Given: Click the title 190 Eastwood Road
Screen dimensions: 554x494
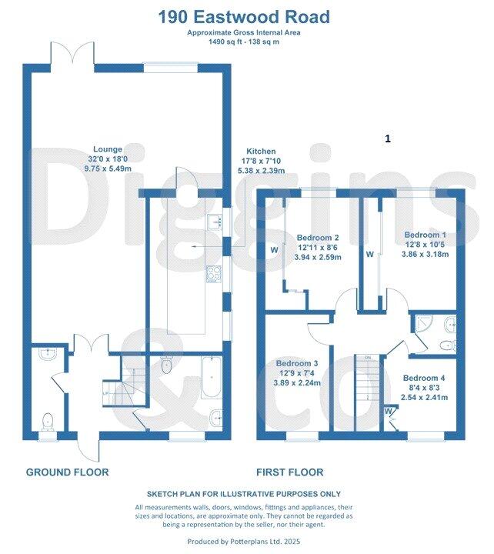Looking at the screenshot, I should tap(244, 16).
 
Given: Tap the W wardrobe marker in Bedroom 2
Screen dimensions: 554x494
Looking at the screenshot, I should tap(274, 250).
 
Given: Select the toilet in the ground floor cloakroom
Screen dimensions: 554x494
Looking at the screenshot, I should tap(48, 420).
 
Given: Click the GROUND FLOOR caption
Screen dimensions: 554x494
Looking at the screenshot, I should tap(67, 472).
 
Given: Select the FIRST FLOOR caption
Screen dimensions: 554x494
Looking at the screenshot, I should tap(291, 472).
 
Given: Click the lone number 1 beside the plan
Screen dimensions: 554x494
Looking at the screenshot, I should tap(388, 138).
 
